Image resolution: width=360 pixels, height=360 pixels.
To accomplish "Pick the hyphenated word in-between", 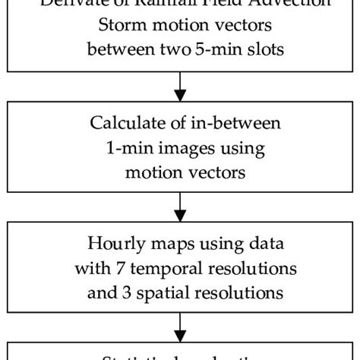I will [229, 124].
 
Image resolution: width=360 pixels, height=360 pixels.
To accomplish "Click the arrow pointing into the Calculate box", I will [180, 88].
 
